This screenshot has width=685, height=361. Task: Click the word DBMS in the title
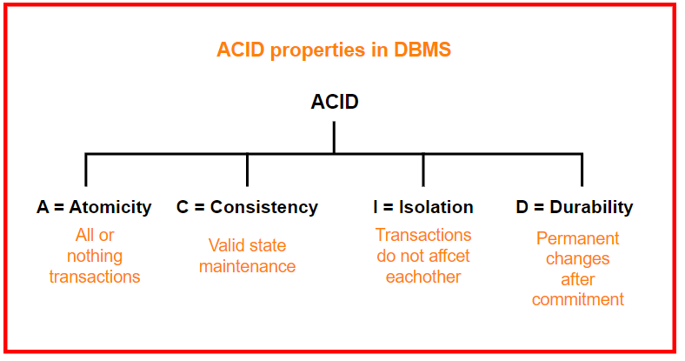tap(422, 50)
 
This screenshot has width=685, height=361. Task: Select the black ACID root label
tap(335, 102)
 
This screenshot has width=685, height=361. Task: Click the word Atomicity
tap(110, 207)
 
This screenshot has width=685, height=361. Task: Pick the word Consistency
tap(264, 207)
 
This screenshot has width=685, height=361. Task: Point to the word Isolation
tap(436, 207)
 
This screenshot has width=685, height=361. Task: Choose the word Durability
tap(591, 207)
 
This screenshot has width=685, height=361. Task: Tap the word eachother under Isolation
tap(423, 277)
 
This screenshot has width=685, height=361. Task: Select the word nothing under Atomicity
tap(95, 257)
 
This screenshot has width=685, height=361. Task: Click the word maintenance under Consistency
tap(247, 266)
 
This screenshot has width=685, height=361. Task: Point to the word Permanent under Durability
tap(577, 238)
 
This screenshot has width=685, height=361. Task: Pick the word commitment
tap(577, 299)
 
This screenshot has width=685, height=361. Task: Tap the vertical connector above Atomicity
tap(85, 170)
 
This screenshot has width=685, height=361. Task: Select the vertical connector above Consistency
tap(247, 170)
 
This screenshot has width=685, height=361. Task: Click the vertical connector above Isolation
tap(423, 170)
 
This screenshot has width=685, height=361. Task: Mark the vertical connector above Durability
tap(582, 170)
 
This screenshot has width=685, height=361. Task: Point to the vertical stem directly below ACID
tap(334, 137)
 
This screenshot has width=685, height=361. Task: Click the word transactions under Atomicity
tap(95, 277)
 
